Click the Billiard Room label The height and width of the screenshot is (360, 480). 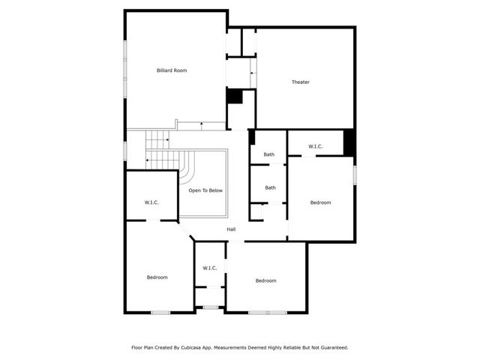coord(172,70)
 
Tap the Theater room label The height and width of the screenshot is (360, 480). coord(301,82)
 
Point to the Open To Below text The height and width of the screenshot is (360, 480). coord(205,190)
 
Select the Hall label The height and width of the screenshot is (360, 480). coord(232,229)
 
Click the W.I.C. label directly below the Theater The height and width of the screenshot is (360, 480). coord(316,146)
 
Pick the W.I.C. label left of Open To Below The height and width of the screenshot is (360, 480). coord(151,202)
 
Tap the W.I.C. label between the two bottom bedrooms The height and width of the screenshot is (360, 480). coord(210,268)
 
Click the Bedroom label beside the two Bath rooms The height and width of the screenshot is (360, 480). coord(321,202)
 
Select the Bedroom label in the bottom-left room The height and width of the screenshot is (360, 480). coord(157,277)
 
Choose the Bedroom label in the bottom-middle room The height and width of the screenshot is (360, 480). coord(266,280)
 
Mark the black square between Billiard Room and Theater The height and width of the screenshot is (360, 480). coord(235,97)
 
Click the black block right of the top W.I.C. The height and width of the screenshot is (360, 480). coord(349,142)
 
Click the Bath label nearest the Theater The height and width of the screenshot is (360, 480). coord(269,154)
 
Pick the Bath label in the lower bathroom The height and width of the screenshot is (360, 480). coord(270,187)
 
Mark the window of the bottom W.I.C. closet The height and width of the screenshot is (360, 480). coord(210,307)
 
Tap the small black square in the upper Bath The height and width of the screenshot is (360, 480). coord(253,138)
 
